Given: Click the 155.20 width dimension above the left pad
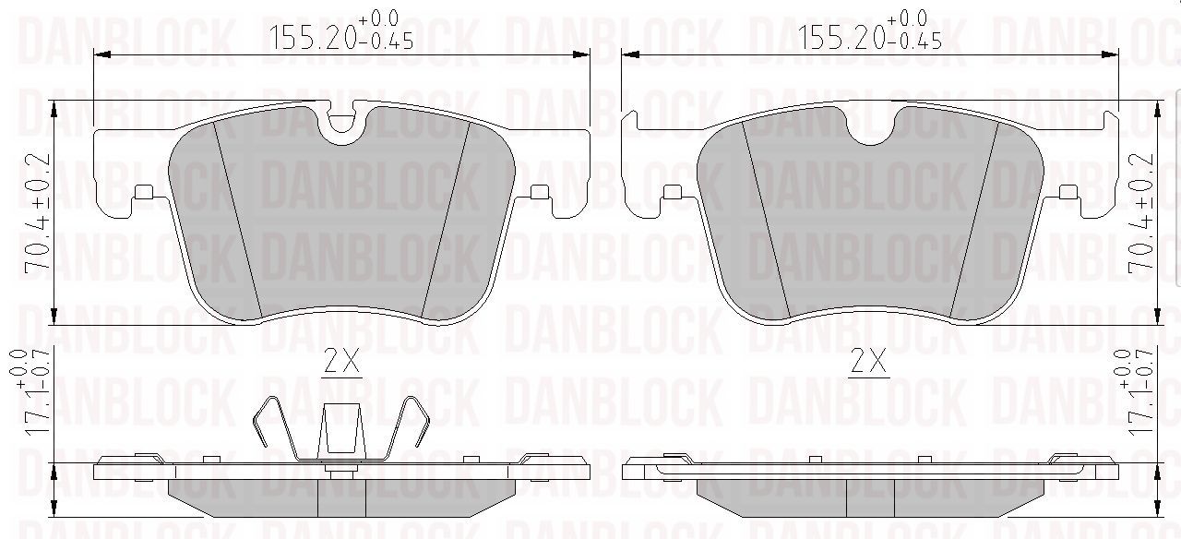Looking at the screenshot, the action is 340,30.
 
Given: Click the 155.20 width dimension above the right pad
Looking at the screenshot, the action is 869,30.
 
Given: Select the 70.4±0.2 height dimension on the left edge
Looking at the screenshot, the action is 38,213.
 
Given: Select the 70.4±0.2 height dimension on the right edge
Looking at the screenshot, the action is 1140,213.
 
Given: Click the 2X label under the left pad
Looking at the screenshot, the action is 341,362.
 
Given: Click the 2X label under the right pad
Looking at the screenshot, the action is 868,362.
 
